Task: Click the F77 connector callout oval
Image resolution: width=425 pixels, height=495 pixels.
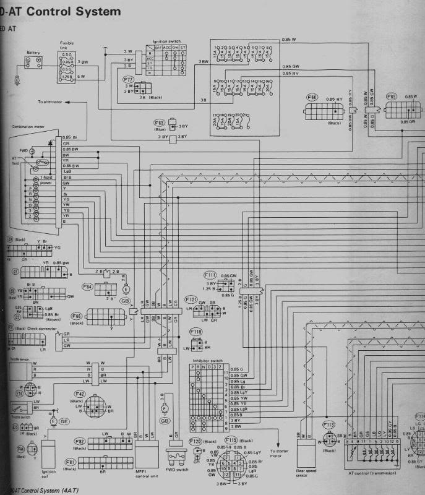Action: click(129, 80)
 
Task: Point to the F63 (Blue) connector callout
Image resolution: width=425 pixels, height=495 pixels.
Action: click(159, 123)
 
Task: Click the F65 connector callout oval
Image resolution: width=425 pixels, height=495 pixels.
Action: click(391, 97)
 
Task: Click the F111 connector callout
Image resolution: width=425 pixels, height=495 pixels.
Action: click(210, 274)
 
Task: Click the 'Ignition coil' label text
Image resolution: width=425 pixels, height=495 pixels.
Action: click(49, 474)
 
